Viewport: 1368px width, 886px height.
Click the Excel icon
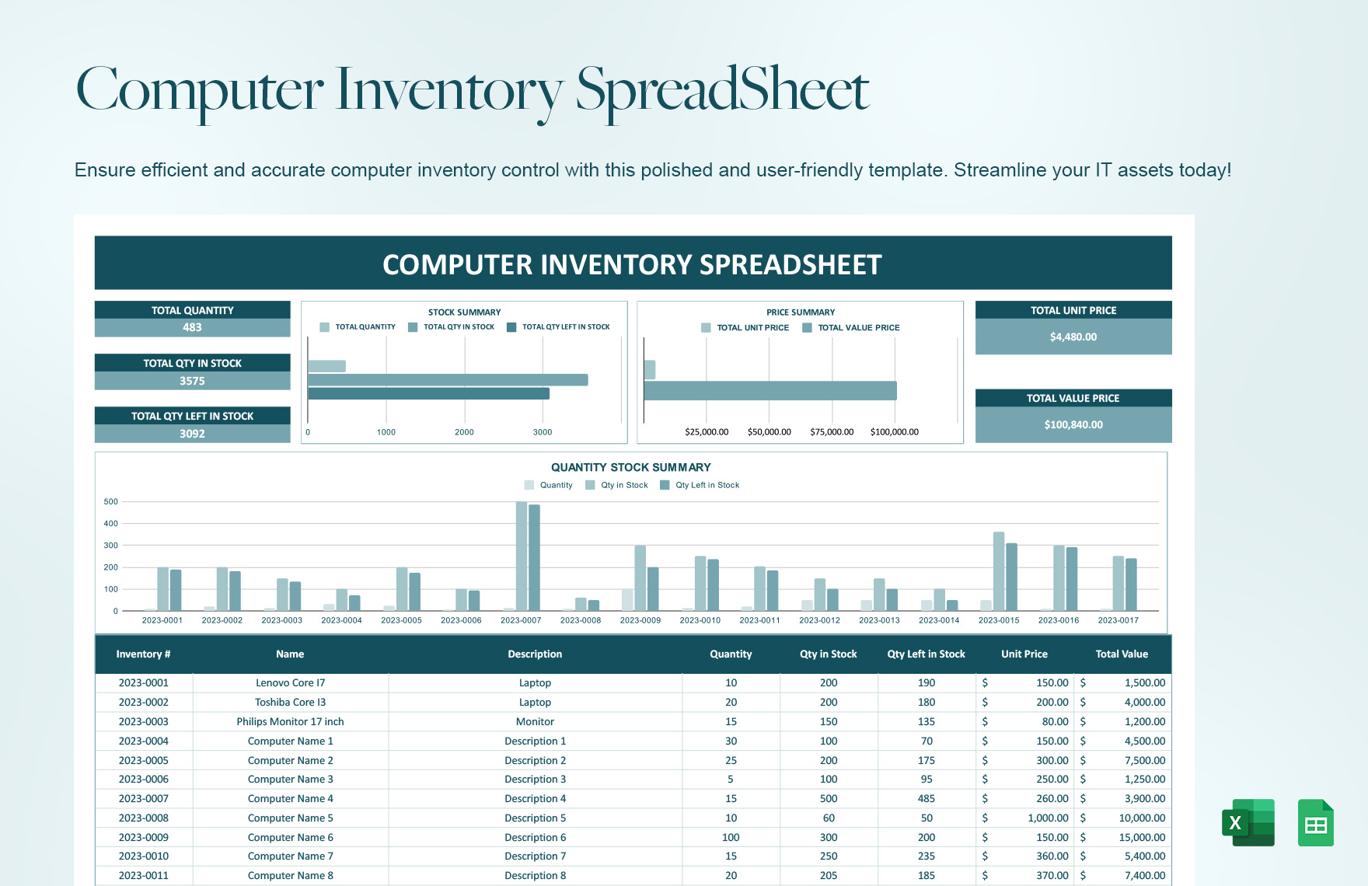[x=1248, y=822]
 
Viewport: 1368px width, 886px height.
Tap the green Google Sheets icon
[x=1315, y=822]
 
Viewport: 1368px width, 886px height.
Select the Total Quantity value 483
[x=192, y=328]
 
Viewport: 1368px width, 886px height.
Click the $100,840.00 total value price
[x=1073, y=424]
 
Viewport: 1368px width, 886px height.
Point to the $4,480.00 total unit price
[x=1073, y=337]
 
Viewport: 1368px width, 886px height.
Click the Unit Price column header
[x=1024, y=654]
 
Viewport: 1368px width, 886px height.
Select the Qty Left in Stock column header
[x=926, y=654]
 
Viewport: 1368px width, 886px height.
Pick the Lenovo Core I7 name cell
[x=290, y=683]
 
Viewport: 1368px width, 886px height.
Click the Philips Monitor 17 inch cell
[x=290, y=722]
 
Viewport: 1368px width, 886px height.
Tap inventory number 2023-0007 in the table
[x=143, y=799]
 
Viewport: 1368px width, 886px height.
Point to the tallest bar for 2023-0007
[x=522, y=556]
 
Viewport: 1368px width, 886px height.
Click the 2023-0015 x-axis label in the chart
[x=998, y=620]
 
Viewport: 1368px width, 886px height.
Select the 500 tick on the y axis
[x=111, y=502]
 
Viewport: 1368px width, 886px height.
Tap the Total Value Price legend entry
[x=858, y=328]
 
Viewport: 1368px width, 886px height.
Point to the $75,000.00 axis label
[x=832, y=432]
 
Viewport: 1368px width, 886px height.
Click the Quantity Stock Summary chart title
[x=630, y=468]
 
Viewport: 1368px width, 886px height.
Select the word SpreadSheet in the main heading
[x=722, y=90]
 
